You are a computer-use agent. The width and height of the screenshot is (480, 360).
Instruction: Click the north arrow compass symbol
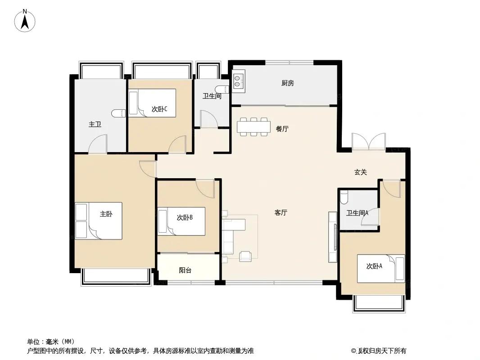(x=25, y=21)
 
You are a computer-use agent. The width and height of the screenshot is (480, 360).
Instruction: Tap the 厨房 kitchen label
(x=287, y=83)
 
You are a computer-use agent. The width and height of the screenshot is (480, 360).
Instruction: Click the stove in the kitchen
(x=238, y=81)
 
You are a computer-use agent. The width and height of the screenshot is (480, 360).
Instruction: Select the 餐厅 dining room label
(x=282, y=129)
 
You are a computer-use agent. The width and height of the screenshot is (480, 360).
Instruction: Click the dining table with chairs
(x=254, y=126)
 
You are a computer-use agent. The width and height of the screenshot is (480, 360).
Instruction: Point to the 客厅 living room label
(x=281, y=212)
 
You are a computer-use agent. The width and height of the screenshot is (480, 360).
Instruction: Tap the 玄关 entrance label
(x=360, y=172)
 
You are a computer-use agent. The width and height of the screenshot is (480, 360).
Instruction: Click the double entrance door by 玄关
(x=369, y=142)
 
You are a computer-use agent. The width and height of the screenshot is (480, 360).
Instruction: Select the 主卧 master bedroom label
(x=106, y=214)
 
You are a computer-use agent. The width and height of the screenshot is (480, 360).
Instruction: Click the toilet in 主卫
(x=118, y=113)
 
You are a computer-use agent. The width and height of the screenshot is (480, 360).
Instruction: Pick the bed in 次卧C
(x=152, y=103)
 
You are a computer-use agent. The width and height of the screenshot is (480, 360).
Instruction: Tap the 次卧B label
(x=185, y=218)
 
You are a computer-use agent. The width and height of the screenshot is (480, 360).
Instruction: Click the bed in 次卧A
(x=381, y=269)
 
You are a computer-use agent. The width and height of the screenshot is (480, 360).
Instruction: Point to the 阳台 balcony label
(x=185, y=270)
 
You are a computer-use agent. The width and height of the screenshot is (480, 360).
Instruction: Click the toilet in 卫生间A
(x=344, y=197)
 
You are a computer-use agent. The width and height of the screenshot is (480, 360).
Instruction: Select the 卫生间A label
(x=357, y=213)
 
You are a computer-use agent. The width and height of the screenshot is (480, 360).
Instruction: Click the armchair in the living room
(x=245, y=256)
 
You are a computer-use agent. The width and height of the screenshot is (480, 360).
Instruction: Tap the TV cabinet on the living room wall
(x=332, y=237)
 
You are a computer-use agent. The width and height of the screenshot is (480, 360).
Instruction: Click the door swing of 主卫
(x=98, y=144)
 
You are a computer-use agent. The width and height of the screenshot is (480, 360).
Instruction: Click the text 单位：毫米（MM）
(x=51, y=342)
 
